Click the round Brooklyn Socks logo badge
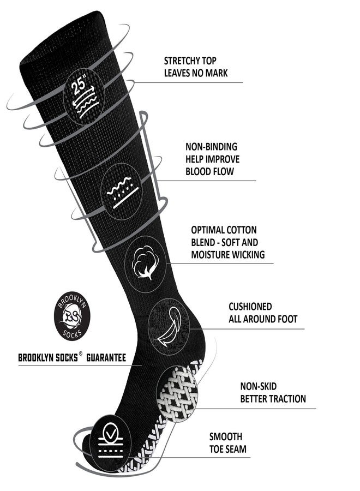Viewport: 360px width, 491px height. [72, 316]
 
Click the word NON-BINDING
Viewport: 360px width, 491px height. [211, 147]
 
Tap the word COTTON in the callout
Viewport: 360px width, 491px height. [241, 230]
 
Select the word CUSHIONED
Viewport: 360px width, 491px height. [250, 306]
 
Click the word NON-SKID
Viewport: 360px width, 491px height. [258, 386]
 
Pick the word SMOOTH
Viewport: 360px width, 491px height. [226, 436]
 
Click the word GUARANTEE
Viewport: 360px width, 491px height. [106, 357]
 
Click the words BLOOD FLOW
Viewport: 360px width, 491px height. [209, 171]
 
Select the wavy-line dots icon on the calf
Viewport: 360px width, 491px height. [122, 191]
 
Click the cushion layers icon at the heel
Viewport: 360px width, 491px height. [169, 326]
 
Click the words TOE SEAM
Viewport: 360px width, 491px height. [228, 449]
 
